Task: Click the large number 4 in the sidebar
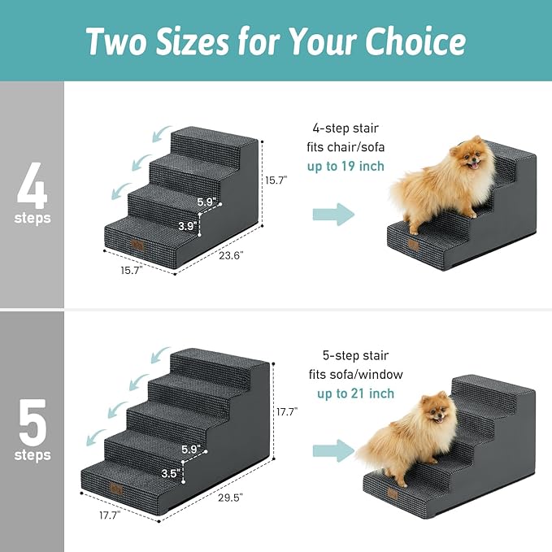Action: [x=32, y=186]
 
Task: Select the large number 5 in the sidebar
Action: [x=32, y=417]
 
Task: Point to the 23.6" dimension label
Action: [x=231, y=254]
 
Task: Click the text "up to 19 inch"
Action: [x=346, y=167]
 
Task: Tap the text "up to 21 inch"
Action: [x=355, y=393]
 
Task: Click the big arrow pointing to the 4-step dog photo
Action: [x=333, y=215]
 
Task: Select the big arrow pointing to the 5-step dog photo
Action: [x=333, y=450]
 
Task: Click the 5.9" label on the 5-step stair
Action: [x=191, y=448]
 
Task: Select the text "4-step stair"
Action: [x=346, y=128]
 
